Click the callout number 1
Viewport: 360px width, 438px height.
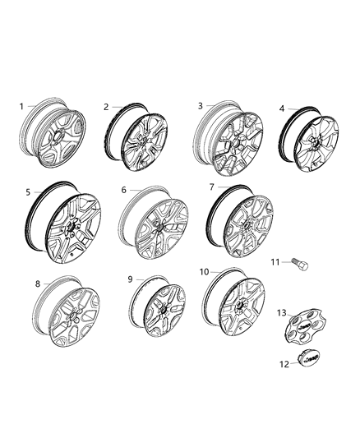click(x=22, y=106)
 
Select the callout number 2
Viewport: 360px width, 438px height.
click(x=106, y=107)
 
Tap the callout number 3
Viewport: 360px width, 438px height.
click(x=200, y=106)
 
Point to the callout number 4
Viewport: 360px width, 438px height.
click(x=282, y=108)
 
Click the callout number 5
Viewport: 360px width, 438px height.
click(x=28, y=192)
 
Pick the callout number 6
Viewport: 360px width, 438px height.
click(x=124, y=190)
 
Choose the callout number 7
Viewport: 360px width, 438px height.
click(x=211, y=187)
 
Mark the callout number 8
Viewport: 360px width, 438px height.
click(x=37, y=284)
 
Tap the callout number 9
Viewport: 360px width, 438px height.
click(x=130, y=279)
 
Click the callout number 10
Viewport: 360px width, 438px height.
click(x=203, y=271)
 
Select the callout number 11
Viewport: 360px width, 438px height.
click(x=275, y=261)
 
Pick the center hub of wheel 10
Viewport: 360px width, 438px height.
click(x=244, y=305)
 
